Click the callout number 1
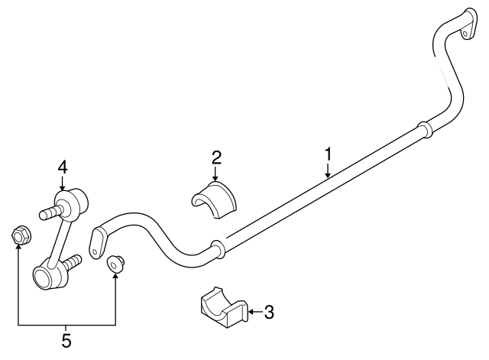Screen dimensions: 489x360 coord(328,155)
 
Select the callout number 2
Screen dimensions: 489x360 coord(216,158)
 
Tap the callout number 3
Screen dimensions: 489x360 coord(269,312)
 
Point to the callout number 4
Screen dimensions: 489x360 coord(63,167)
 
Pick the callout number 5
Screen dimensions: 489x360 coord(66,340)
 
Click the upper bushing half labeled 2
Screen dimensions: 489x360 coord(214,199)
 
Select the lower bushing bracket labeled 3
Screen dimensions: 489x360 coord(224,307)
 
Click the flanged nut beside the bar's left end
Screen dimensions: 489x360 coord(115,264)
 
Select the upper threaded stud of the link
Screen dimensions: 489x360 coord(50,212)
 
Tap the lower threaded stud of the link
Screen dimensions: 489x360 coord(73,261)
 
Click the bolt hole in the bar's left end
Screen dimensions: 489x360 coord(95,251)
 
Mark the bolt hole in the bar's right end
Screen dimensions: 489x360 coord(465,34)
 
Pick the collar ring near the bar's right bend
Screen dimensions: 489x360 coord(425,130)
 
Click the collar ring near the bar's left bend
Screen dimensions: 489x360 coord(218,250)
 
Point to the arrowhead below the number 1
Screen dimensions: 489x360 coord(328,175)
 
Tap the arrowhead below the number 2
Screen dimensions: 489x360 coord(215,178)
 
